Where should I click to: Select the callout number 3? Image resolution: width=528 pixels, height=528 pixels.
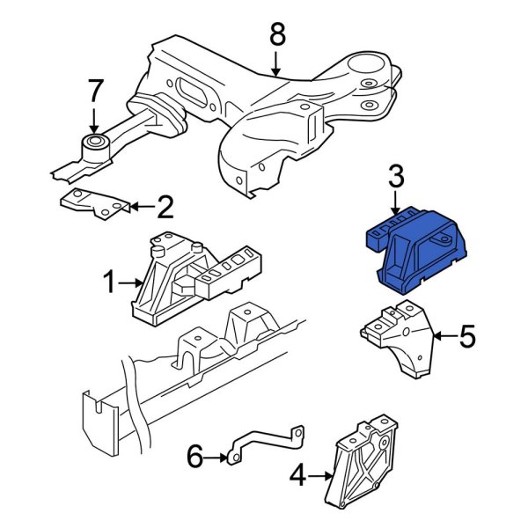pyautogui.click(x=396, y=179)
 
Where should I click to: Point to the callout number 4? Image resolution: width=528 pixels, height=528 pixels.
pyautogui.click(x=297, y=478)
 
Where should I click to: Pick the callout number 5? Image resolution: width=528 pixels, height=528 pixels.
pyautogui.click(x=467, y=335)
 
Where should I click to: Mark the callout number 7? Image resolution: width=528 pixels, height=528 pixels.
pyautogui.click(x=94, y=90)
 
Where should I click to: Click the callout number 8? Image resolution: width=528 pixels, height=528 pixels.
pyautogui.click(x=277, y=35)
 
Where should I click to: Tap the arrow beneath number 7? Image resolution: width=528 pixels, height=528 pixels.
pyautogui.click(x=94, y=121)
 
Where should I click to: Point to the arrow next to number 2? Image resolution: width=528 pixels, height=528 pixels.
pyautogui.click(x=141, y=208)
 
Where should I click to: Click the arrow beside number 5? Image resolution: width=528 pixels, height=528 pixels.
pyautogui.click(x=444, y=335)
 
